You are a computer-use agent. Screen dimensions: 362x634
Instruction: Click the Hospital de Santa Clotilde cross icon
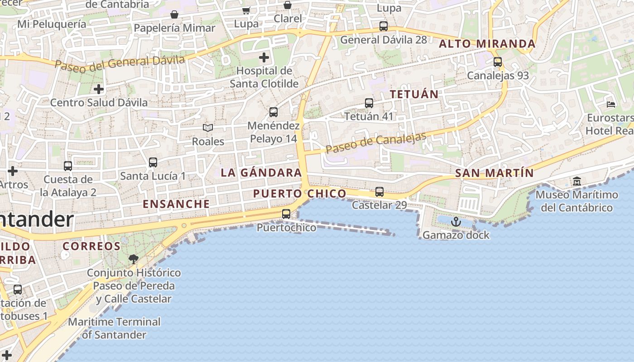(x=264, y=57)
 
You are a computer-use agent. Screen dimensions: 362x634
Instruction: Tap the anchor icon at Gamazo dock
(x=456, y=222)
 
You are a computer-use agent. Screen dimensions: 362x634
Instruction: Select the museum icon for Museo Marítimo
(x=577, y=181)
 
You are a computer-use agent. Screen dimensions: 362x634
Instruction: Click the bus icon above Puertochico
(x=286, y=214)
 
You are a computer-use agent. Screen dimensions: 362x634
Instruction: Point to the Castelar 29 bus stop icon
(x=379, y=192)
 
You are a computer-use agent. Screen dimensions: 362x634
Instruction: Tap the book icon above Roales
(x=208, y=128)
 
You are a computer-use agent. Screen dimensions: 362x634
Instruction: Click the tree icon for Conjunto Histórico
(x=133, y=259)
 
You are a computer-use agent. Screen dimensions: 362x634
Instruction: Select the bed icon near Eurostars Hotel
(x=611, y=105)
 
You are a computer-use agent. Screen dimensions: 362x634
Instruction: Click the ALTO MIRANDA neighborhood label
(x=487, y=44)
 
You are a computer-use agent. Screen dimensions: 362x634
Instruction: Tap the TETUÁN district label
(x=414, y=94)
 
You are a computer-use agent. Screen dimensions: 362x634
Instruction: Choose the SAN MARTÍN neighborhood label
(x=495, y=173)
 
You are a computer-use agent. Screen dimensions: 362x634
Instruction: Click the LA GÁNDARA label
(x=261, y=172)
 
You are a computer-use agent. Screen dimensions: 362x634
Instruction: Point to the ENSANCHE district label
(x=177, y=204)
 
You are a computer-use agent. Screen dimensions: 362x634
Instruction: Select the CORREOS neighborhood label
(x=91, y=247)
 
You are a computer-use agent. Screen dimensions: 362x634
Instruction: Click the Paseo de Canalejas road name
(x=376, y=143)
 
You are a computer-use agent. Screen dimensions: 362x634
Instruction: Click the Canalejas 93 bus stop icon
(x=498, y=62)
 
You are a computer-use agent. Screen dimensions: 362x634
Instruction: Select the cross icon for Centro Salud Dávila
(x=98, y=89)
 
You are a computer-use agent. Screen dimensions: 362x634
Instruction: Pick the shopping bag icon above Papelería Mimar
(x=174, y=15)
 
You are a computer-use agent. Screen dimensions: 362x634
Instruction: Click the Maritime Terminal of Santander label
(x=114, y=328)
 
